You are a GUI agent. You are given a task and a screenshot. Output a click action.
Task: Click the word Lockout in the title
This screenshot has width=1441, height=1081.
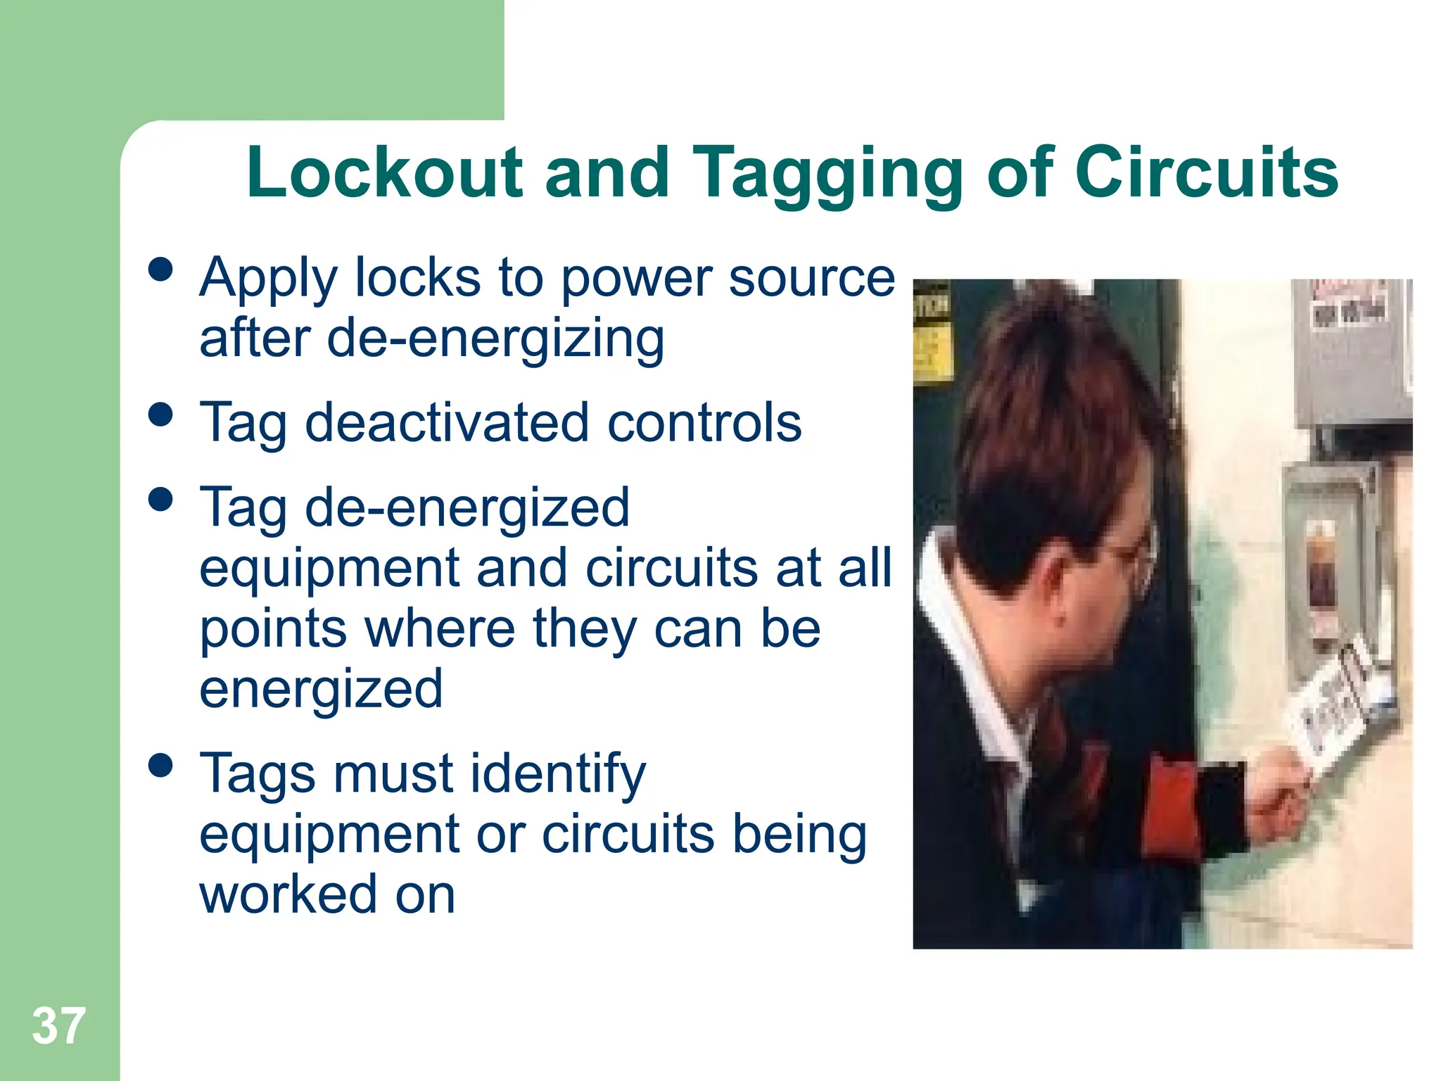tap(384, 172)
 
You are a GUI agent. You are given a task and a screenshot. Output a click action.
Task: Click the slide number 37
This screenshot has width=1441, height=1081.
tap(58, 1025)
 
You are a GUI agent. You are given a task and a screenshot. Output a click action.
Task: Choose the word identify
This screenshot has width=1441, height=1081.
tap(557, 774)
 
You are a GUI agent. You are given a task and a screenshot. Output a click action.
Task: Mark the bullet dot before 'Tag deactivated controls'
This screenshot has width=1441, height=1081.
tap(161, 414)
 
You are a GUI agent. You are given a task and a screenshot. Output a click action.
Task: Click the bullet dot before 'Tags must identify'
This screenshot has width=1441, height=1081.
tap(161, 765)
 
